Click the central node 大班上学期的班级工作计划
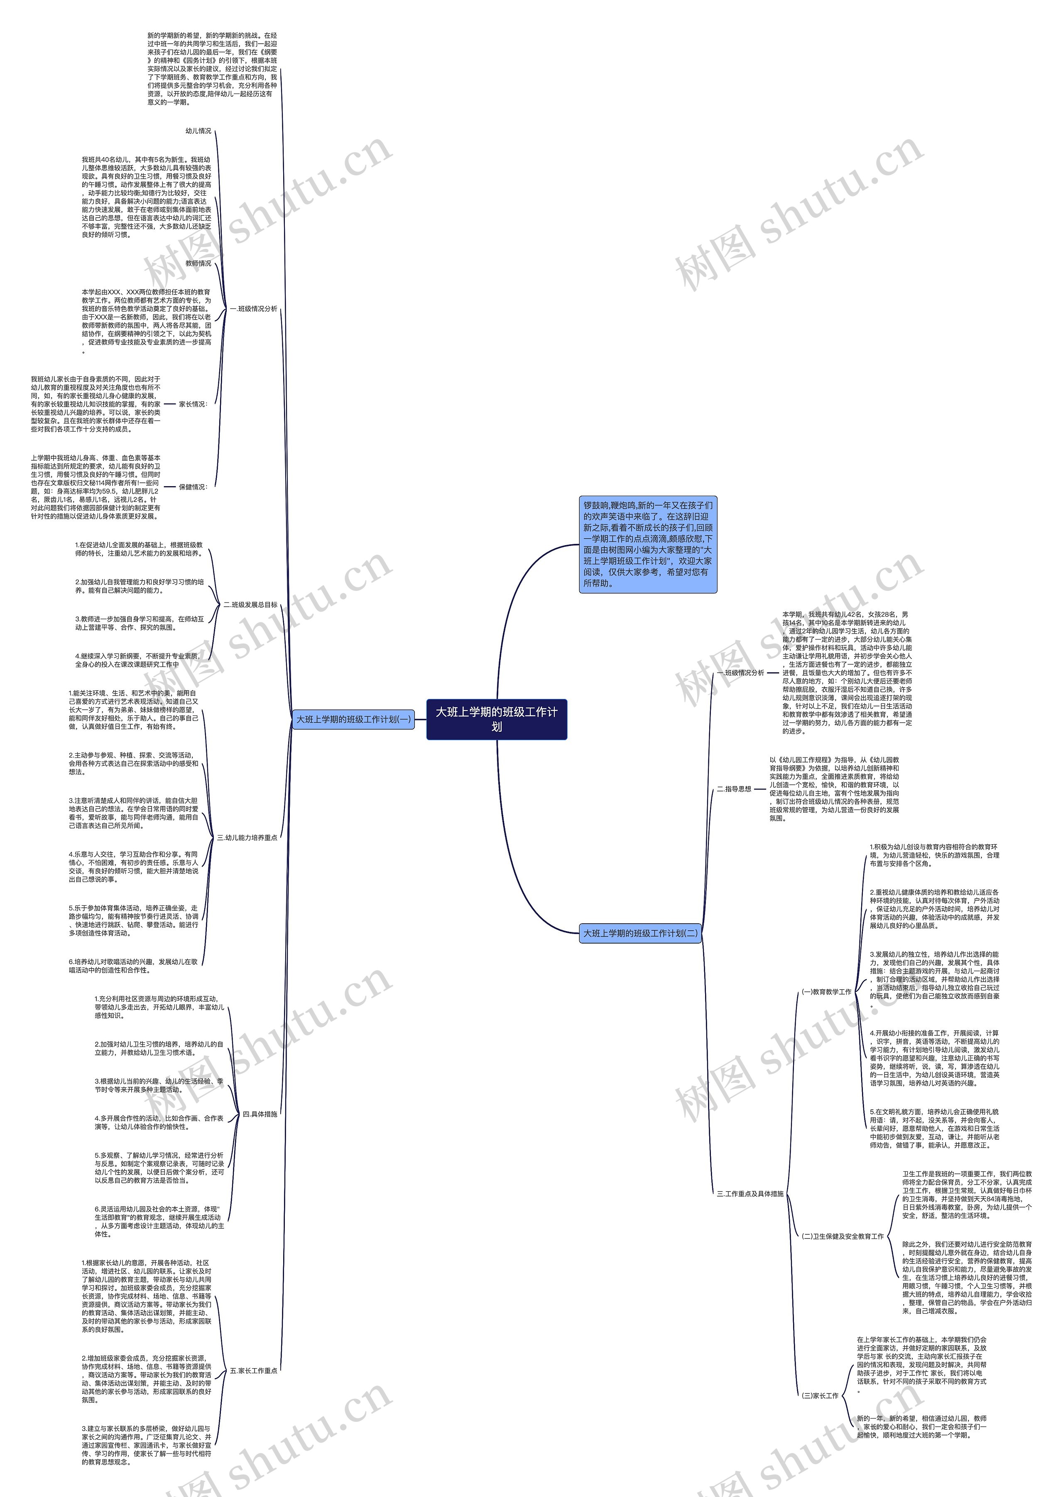pos(496,719)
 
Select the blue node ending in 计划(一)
pos(353,719)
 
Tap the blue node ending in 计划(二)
pos(640,933)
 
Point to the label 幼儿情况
pos(198,131)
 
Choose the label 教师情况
pos(198,263)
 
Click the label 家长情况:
pos(193,404)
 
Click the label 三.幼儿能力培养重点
pos(247,838)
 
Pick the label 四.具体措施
pos(260,1114)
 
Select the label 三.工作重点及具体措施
pos(750,1194)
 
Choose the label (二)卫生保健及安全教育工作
pos(843,1236)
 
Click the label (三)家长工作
pos(820,1396)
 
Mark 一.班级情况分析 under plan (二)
pos(740,673)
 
